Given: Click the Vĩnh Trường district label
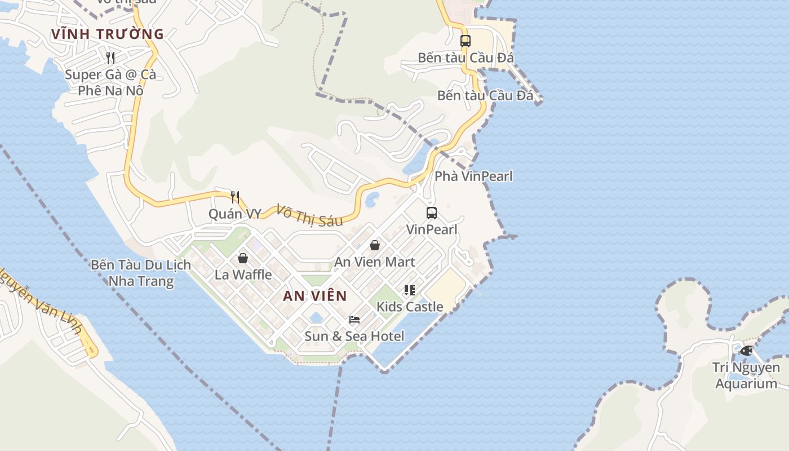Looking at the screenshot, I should click(107, 34).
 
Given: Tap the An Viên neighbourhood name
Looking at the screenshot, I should click(314, 296).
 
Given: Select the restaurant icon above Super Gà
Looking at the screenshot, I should click(110, 58).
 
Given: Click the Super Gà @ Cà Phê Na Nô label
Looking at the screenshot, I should click(110, 82).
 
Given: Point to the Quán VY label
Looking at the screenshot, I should click(235, 214).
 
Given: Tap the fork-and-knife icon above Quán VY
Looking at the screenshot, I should click(235, 197).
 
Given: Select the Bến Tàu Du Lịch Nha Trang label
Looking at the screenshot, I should click(141, 273).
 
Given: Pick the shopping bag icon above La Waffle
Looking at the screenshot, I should click(243, 258).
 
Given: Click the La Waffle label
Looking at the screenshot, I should click(243, 275).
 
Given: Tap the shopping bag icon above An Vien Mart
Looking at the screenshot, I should click(374, 245).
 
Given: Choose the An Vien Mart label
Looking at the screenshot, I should click(375, 262).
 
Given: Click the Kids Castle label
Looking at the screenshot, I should click(410, 307).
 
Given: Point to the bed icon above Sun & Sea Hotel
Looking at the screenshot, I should click(354, 320).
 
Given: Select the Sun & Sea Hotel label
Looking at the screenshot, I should click(354, 336).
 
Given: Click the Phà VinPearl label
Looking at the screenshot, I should click(473, 176).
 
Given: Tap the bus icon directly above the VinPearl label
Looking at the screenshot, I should click(432, 213).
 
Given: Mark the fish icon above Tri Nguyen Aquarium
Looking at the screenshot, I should click(746, 351).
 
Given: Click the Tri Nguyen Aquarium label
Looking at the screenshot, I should click(746, 375).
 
